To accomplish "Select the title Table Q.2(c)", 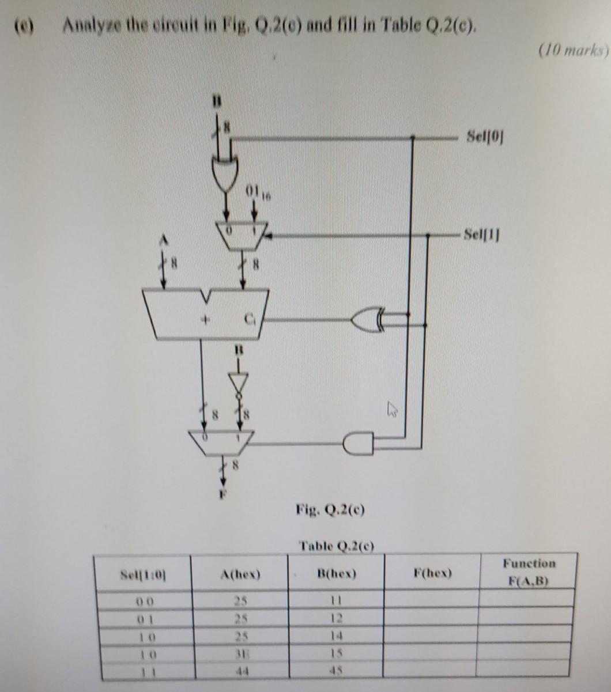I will [x=337, y=544].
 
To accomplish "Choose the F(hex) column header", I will [x=433, y=573].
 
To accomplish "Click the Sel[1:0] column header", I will [x=144, y=574].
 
